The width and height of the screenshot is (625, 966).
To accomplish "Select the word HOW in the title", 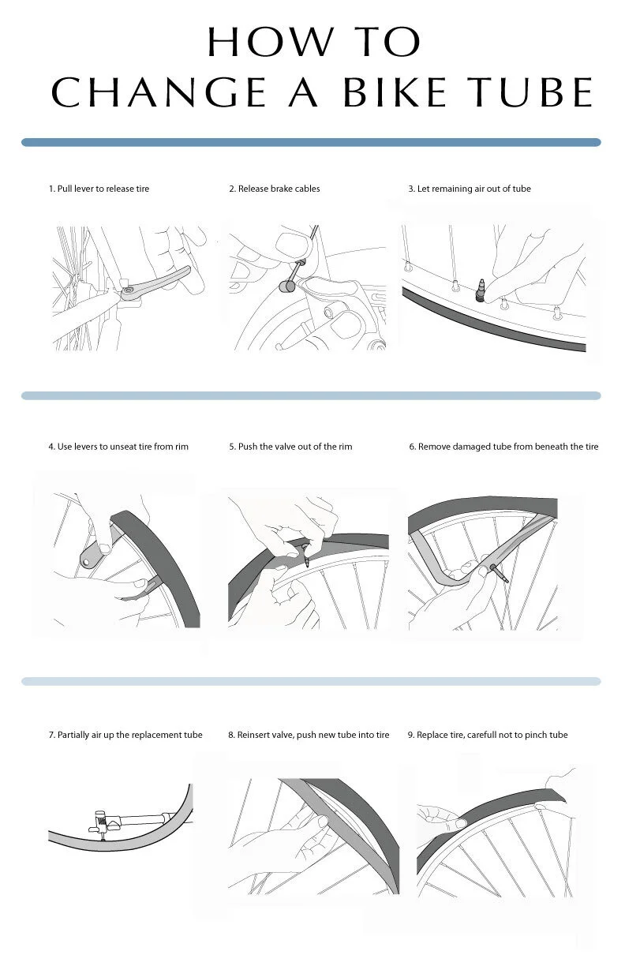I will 260,41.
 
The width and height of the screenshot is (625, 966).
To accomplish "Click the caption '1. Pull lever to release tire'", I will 99,189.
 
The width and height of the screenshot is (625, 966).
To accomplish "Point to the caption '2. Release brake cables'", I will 274,189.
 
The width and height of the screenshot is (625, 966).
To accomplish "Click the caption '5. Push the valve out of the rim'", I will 290,447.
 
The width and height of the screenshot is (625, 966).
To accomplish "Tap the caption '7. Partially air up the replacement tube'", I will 125,735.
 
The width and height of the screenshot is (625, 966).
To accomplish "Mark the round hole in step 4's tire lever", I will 84,561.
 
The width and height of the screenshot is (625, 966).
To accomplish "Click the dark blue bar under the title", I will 311,143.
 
